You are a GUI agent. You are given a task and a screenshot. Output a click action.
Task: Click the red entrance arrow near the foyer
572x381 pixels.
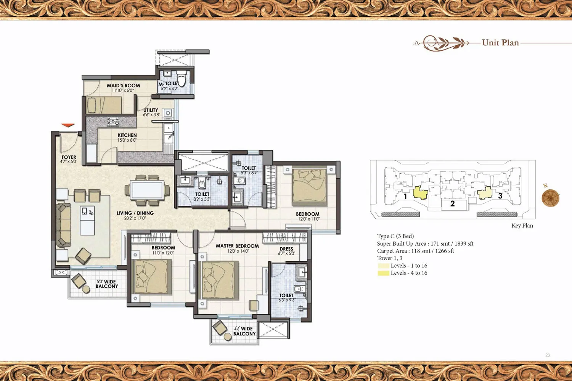[x=68, y=125]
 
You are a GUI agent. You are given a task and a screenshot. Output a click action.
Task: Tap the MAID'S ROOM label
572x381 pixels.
[x=123, y=85]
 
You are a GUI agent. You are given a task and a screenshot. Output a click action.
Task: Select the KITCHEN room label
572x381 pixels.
[x=127, y=135]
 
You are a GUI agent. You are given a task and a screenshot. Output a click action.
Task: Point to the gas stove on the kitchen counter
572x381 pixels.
[x=113, y=122]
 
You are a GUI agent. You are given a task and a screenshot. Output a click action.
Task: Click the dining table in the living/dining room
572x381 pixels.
[x=147, y=190]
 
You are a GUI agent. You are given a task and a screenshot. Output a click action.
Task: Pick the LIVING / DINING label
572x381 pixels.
[x=135, y=213]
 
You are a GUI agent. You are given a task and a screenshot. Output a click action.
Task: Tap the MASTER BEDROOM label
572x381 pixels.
[x=237, y=246]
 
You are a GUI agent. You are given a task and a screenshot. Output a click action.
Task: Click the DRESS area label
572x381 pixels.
[x=286, y=249]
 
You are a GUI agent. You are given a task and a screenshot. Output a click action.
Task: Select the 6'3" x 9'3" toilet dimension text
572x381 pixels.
[x=287, y=300]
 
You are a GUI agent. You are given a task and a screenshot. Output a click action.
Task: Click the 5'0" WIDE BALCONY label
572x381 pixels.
[x=107, y=284]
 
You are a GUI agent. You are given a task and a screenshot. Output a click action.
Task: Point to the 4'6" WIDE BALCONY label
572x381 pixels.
[x=244, y=331]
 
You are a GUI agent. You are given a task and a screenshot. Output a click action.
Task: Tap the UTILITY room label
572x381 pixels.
[x=150, y=110]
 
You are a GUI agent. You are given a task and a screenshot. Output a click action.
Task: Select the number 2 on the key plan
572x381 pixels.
[x=453, y=203]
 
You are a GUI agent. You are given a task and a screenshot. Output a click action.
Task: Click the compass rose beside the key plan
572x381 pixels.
[x=551, y=197]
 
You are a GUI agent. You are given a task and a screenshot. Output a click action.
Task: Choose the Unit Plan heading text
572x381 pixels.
[x=500, y=43]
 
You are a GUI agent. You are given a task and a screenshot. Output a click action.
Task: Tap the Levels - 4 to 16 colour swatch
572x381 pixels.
[x=384, y=273]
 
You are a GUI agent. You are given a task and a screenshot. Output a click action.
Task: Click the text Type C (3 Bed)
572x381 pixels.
[x=395, y=236]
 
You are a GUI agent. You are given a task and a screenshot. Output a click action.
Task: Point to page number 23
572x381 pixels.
[x=548, y=355]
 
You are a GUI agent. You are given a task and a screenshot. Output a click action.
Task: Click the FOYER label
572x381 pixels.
[x=69, y=157]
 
